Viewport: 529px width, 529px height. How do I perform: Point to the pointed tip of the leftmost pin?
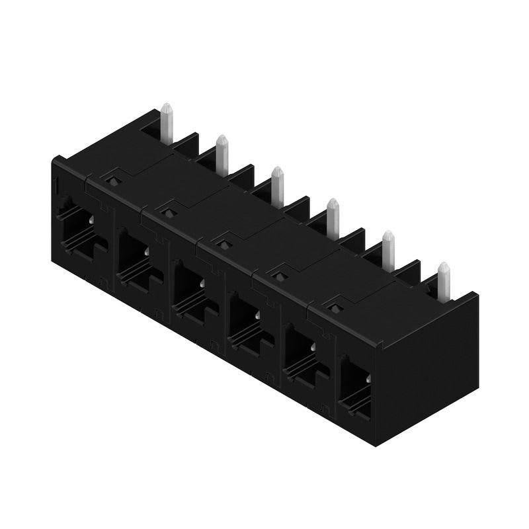click(x=167, y=106)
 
